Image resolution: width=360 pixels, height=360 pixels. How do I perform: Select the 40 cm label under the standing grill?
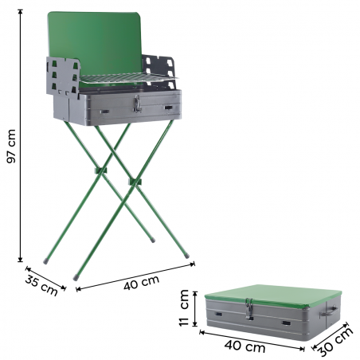click(141, 281)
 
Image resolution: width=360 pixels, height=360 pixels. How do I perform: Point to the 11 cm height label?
click(185, 309)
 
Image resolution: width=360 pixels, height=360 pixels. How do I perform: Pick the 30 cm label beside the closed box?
click(334, 342)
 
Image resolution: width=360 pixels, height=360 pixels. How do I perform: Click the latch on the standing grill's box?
click(137, 104)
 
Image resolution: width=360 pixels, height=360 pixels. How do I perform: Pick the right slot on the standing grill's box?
click(168, 106)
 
